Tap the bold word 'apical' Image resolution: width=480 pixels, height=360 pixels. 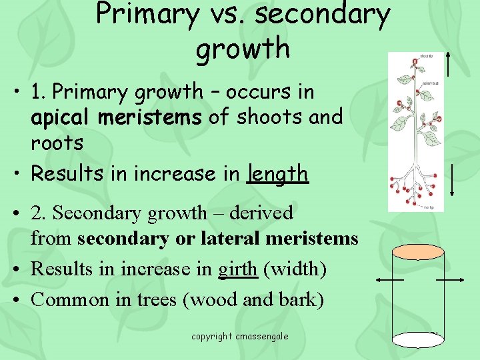(x=63, y=117)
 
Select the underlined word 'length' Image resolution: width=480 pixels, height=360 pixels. (x=277, y=174)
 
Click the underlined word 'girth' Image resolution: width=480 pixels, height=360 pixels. (x=238, y=269)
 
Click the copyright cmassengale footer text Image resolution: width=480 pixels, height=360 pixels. (x=239, y=336)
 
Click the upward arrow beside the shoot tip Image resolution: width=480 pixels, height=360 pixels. (x=451, y=63)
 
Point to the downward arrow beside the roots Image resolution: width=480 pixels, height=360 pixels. (x=453, y=179)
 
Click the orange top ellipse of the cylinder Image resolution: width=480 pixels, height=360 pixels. (x=418, y=252)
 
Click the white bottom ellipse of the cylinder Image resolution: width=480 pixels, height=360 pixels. (x=418, y=340)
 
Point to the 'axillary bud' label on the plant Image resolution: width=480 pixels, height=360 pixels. (x=430, y=83)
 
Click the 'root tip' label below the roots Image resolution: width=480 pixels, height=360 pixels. (x=427, y=208)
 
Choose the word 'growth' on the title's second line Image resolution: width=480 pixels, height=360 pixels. (x=243, y=49)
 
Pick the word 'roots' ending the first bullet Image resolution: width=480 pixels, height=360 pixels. (x=57, y=143)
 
